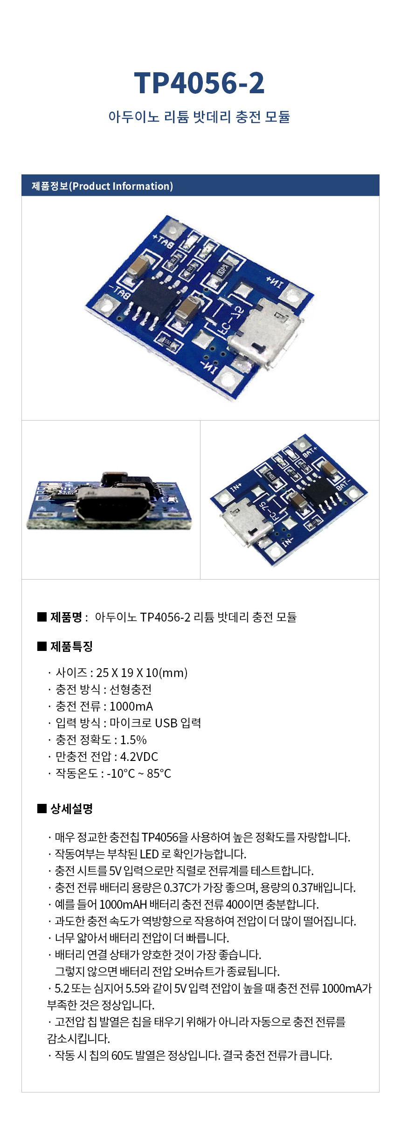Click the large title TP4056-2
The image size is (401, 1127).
pos(199,83)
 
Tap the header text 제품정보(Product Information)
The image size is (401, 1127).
pos(102,186)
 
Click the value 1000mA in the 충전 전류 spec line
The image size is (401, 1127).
pos(131,706)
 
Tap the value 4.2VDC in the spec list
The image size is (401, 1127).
pos(139,756)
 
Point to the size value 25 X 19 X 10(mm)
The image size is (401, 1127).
pos(142,672)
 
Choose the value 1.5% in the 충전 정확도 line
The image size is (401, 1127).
pos(133,740)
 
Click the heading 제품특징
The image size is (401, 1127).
pos(71,646)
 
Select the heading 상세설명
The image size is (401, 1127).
pos(71,809)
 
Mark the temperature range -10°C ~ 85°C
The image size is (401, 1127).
pos(139,773)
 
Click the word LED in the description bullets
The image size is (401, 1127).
pos(149,854)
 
